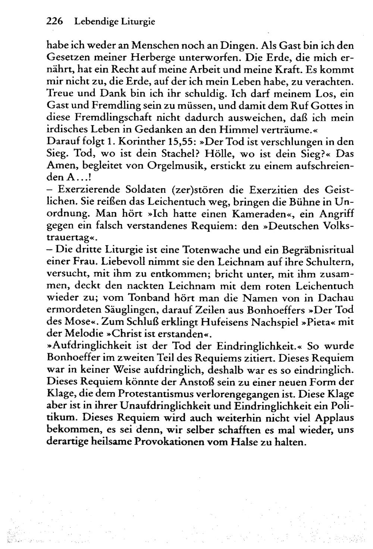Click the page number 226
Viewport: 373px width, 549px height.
[56, 22]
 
